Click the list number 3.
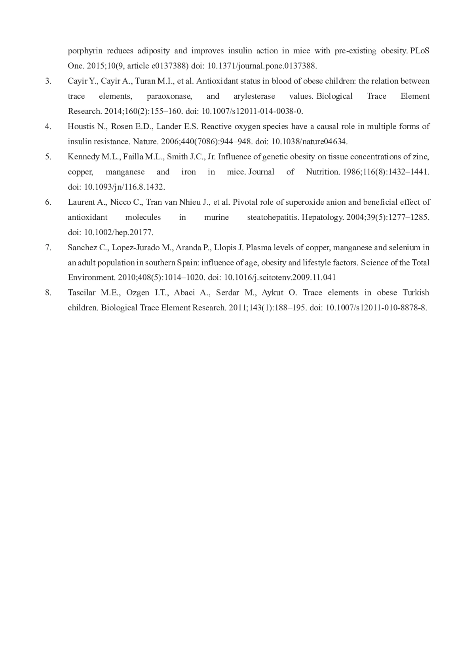(x=48, y=81)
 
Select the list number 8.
(x=48, y=293)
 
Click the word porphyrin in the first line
(x=85, y=51)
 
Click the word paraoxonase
(x=169, y=96)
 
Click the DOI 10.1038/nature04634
(x=309, y=142)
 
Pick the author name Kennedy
(x=84, y=157)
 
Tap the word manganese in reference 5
(x=125, y=172)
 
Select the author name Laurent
(x=82, y=202)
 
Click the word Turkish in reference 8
(x=416, y=293)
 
